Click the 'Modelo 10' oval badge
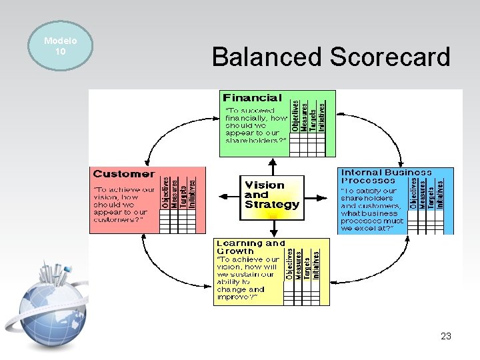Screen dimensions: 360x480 pos(60,46)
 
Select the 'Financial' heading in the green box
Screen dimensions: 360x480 pos(253,98)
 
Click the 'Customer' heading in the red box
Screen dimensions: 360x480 pos(124,174)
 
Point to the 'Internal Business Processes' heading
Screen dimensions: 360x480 pos(386,176)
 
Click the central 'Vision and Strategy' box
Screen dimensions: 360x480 pos(272,196)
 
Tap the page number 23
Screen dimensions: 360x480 pos(446,337)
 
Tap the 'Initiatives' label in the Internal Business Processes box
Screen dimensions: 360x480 pos(440,192)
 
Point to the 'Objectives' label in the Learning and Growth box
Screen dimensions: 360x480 pos(289,264)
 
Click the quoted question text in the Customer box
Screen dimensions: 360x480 pos(123,205)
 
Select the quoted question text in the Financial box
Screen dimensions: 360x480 pos(255,125)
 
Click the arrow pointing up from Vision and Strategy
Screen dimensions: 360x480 pos(272,165)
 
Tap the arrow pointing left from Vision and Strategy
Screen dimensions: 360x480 pos(231,196)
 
